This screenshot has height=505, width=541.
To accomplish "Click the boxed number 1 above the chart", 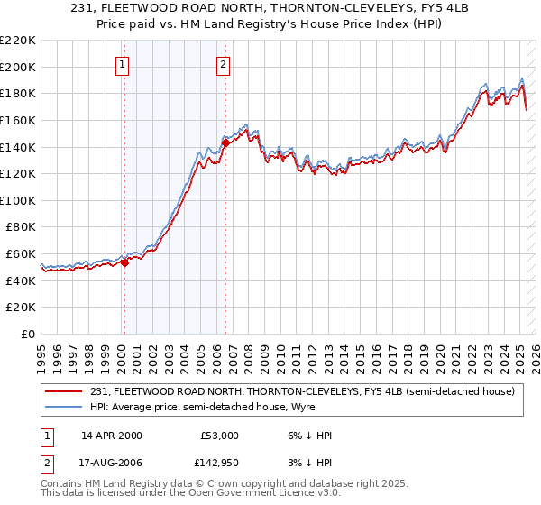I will [x=122, y=64].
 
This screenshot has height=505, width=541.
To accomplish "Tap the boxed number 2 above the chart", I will [x=223, y=64].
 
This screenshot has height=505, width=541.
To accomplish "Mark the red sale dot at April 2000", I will [x=125, y=263].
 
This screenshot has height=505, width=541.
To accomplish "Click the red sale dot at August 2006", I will [x=225, y=142].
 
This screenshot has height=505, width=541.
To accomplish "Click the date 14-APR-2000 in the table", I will [x=111, y=436].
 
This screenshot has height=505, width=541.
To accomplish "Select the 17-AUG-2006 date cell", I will [x=112, y=463].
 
